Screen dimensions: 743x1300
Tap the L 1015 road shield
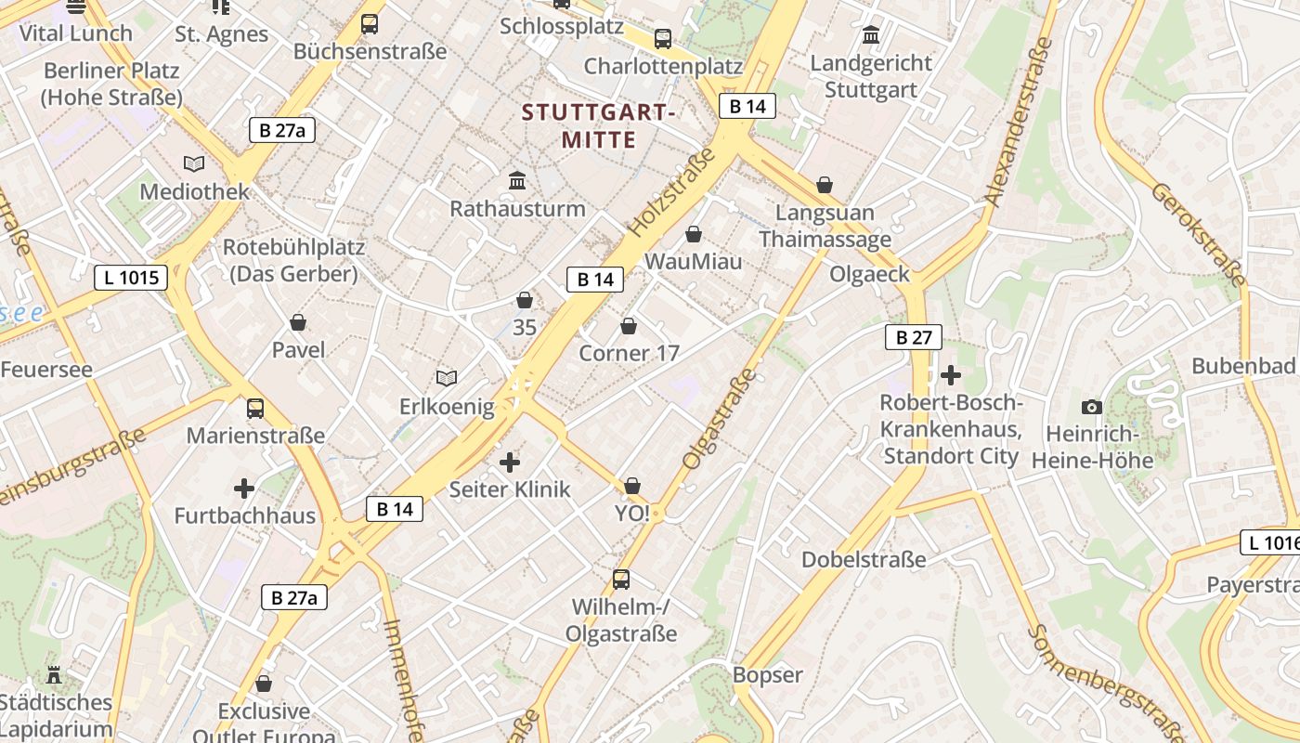[x=131, y=277]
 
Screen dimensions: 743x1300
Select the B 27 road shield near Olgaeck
[x=913, y=337]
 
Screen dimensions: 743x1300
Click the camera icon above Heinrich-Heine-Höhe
[x=1092, y=407]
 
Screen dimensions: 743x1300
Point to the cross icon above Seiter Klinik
[x=510, y=462]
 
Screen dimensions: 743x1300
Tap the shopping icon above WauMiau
[x=694, y=234]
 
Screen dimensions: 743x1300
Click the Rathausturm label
[x=517, y=208]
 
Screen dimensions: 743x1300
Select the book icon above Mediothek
[x=194, y=164]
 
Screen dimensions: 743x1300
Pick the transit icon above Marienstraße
[x=255, y=408]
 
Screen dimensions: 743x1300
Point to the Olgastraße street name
[x=720, y=418]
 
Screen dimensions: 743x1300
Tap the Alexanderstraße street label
[x=1019, y=121]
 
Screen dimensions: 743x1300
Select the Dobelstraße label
[x=864, y=559]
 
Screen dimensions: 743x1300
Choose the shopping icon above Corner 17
[x=629, y=326]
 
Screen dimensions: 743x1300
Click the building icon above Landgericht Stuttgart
[x=871, y=36]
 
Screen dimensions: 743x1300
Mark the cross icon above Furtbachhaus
[x=244, y=489]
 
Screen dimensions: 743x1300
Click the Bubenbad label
[x=1242, y=366]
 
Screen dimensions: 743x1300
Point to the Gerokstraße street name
[x=1198, y=232]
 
